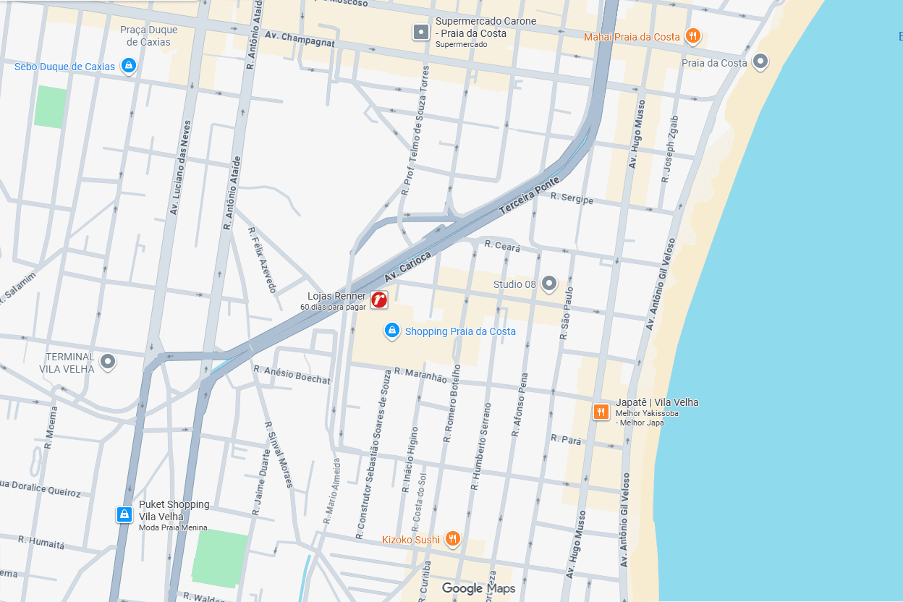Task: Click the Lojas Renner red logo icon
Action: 379,300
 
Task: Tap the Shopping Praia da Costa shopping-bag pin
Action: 391,331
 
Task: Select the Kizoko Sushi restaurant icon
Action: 452,538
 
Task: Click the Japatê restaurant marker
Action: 601,412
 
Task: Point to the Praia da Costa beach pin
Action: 760,62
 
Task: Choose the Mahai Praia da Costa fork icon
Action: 693,36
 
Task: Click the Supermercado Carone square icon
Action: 420,32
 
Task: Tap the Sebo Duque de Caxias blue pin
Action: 128,67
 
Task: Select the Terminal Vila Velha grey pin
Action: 109,361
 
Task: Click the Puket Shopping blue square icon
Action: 124,514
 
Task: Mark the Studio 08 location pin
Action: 549,284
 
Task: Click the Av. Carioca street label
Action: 408,267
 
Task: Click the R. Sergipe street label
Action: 572,198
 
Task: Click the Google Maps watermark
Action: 479,588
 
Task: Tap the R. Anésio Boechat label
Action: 292,374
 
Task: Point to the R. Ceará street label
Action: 502,246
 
